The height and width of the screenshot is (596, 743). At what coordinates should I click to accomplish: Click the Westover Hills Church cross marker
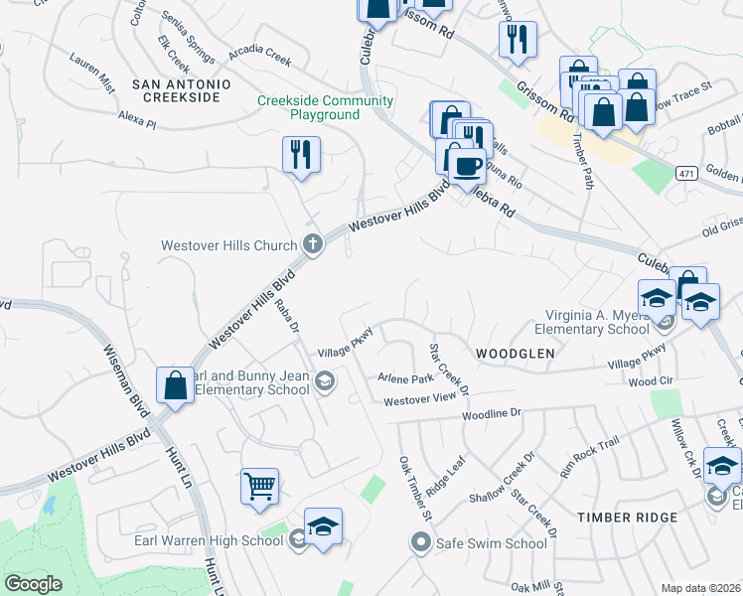click(312, 244)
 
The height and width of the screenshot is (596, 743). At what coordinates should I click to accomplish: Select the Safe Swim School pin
click(421, 543)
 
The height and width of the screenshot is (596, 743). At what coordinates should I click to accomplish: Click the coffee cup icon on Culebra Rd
click(466, 165)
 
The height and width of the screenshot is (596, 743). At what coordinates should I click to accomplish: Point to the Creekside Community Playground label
click(312, 107)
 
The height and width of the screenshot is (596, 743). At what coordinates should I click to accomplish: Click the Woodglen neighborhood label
click(514, 354)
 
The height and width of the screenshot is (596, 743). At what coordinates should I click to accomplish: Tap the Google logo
click(33, 584)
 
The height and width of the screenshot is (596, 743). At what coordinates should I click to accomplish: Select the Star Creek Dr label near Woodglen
click(447, 367)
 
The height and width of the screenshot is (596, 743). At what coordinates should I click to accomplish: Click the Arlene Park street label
click(405, 378)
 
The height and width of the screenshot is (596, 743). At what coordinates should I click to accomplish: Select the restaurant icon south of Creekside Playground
click(300, 154)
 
